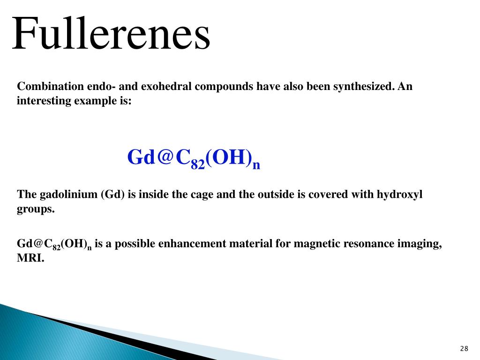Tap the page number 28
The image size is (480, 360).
coord(464,348)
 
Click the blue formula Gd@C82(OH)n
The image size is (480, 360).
coord(193,158)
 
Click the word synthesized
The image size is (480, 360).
coord(363,87)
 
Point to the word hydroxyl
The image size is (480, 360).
coord(399,195)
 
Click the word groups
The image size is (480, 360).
coord(36,210)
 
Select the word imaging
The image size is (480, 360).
coord(423,244)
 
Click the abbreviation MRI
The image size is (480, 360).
coord(30,258)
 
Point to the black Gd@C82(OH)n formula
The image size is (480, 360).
coord(54,245)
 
